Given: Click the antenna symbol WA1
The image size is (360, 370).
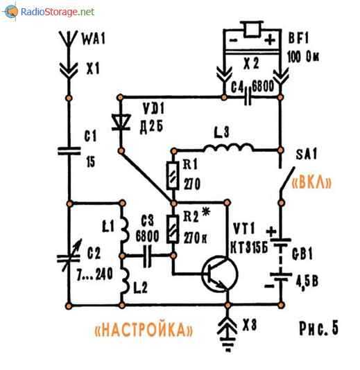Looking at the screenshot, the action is [68, 39].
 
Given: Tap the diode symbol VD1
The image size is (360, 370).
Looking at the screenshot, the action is [121, 122].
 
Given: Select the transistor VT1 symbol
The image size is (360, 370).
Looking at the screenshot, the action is [220, 274].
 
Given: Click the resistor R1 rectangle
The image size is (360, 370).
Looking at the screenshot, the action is [173, 175].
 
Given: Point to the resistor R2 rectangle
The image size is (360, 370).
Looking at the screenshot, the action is [173, 229].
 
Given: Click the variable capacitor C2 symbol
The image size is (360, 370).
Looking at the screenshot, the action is [69, 257].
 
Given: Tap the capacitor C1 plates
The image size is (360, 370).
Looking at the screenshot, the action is [69, 151].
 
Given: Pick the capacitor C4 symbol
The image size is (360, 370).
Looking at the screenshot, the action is [248, 96].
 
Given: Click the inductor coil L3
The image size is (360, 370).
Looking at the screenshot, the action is [228, 148].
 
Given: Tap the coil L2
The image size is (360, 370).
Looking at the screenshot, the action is [125, 281].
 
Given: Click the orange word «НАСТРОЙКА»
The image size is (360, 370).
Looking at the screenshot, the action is [144, 329].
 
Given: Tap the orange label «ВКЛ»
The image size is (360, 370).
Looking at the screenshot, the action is [311, 182].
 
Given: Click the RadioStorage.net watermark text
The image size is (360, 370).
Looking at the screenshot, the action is [58, 12].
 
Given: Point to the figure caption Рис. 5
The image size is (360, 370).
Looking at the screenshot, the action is [318, 328].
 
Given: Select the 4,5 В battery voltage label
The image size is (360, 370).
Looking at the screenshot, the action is [307, 281].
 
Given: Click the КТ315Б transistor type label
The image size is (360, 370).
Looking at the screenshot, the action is [249, 248].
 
